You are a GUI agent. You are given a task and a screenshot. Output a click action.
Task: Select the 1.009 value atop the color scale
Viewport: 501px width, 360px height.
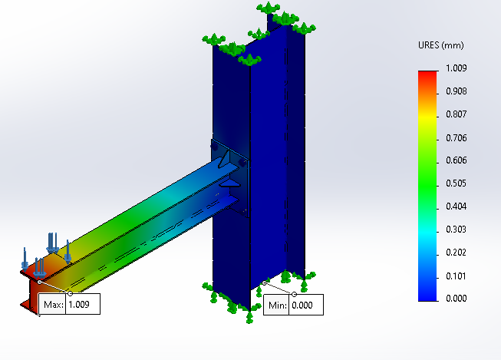point(457,68)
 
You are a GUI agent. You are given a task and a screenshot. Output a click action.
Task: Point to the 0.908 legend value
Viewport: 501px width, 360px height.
point(457,91)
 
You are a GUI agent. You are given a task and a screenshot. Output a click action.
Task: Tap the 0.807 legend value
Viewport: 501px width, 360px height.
point(457,114)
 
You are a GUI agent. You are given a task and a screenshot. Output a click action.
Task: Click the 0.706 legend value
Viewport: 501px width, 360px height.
point(457,137)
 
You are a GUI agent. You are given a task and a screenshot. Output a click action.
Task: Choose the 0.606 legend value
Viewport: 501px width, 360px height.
point(457,160)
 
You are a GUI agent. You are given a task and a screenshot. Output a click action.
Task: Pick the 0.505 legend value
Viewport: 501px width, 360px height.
point(457,183)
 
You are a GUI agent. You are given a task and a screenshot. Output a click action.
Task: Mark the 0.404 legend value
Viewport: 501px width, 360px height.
point(457,206)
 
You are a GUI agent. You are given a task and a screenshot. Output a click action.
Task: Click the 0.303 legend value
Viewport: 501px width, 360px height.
point(457,230)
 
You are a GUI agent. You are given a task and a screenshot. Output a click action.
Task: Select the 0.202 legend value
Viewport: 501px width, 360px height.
point(457,253)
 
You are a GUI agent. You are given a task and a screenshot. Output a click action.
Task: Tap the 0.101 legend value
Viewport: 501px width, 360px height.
point(457,276)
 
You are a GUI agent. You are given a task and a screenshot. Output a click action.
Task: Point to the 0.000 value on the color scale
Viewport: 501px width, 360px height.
point(457,299)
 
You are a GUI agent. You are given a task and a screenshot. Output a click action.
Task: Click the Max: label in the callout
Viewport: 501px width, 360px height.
point(53,305)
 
